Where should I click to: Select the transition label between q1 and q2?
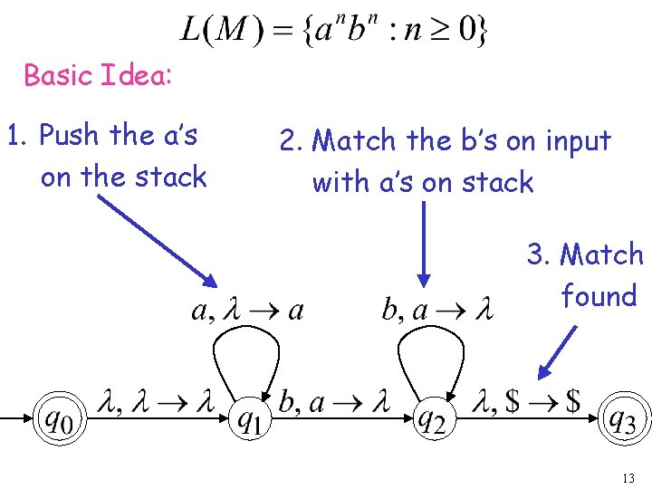click(x=335, y=402)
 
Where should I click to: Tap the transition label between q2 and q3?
click(x=527, y=402)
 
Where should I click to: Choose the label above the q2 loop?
click(x=437, y=311)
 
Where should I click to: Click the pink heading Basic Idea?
click(x=97, y=75)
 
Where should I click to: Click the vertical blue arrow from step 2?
click(x=424, y=243)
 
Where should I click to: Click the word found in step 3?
click(x=599, y=296)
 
